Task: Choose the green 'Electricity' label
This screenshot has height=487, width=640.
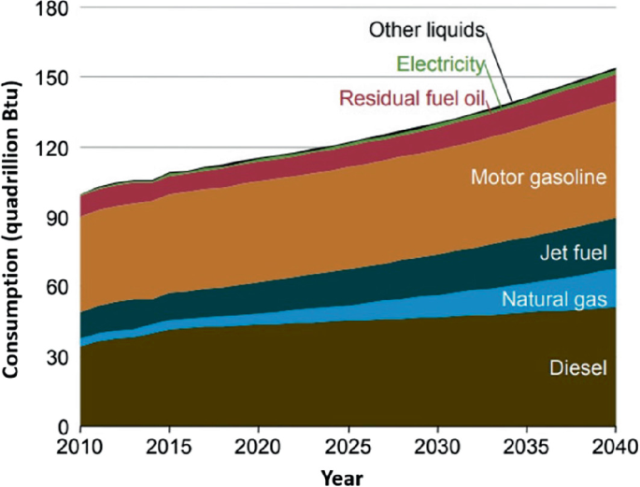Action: (x=441, y=64)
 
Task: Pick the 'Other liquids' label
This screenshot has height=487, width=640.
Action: (x=427, y=30)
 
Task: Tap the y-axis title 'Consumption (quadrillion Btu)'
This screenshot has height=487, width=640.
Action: (x=12, y=217)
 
